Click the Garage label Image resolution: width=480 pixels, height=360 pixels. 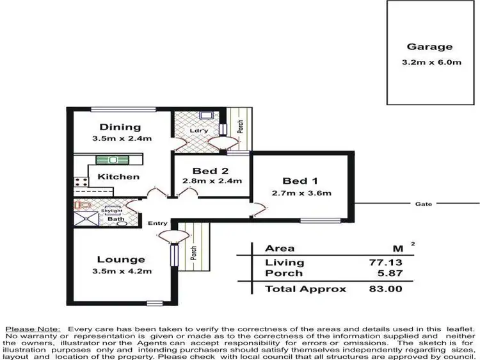coord(429,47)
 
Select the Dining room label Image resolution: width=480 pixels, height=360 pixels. coord(120,127)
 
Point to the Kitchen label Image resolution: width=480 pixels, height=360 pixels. coord(118,177)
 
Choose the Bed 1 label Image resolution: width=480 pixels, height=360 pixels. coord(301,181)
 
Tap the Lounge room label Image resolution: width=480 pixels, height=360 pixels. coord(120,259)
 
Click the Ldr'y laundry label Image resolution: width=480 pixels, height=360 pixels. coord(197,131)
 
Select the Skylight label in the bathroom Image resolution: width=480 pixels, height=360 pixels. coord(111,210)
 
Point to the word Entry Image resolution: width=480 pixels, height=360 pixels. coord(157,224)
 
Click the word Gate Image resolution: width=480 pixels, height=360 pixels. coord(423,204)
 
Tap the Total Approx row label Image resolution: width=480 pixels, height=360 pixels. coord(305,289)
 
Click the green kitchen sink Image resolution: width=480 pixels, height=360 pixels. coord(112,160)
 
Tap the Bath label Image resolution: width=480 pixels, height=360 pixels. coord(116,219)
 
